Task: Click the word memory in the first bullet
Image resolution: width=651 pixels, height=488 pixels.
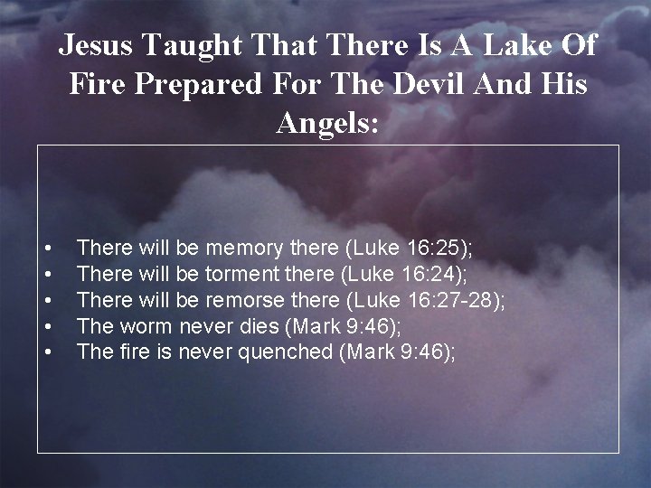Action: (245, 247)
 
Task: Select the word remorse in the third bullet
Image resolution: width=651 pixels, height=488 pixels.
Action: (244, 299)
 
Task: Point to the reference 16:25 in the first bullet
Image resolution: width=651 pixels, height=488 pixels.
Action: (437, 247)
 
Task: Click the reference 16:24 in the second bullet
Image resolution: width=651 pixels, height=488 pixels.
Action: (430, 273)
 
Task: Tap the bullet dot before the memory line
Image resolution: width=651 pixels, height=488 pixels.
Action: (46, 248)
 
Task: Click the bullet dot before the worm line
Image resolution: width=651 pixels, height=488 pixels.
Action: (46, 326)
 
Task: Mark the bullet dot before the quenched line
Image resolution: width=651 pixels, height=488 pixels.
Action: (46, 352)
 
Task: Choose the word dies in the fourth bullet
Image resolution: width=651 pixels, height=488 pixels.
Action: (254, 325)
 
